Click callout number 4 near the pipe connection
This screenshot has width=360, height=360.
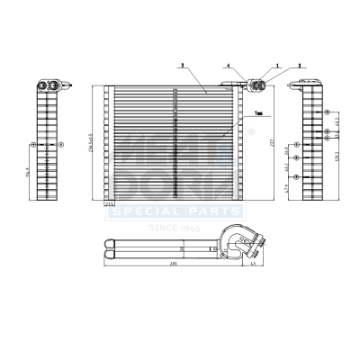pos(229,66)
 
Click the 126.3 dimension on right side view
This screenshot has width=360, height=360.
pos(337,154)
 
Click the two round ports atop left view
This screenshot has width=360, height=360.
pos(47,85)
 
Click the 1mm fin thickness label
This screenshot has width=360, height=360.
pos(258,113)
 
